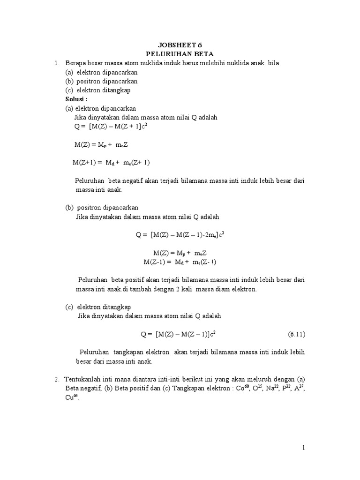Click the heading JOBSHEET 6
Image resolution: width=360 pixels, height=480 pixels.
pos(180,46)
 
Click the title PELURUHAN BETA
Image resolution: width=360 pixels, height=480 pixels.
pos(180,54)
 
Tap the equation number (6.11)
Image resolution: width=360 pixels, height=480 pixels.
pos(296,334)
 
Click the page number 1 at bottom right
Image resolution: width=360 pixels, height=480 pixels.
pos(303,448)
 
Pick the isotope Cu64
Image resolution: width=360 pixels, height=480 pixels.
pos(72,397)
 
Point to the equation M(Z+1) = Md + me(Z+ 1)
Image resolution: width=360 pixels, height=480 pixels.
pos(111,162)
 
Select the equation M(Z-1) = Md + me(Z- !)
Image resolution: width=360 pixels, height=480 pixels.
pos(180,261)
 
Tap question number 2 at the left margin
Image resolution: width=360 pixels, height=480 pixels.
pos(56,379)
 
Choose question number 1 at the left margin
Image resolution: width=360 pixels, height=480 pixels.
pos(56,63)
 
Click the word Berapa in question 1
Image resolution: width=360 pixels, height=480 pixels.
pos(75,63)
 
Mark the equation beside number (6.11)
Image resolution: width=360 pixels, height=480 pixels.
pos(178,334)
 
